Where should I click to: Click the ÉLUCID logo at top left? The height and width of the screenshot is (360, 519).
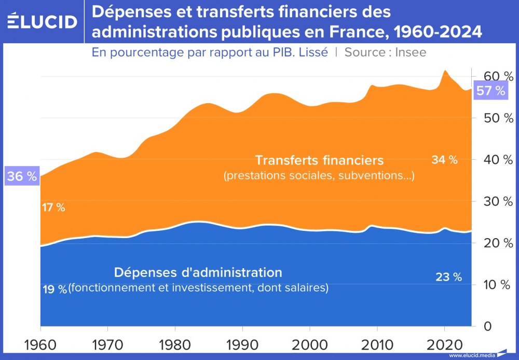(x=43, y=21)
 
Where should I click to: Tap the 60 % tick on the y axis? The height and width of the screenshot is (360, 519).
(x=495, y=77)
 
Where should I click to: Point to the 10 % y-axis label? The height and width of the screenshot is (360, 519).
(x=495, y=285)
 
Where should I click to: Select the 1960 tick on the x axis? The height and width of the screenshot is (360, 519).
(x=40, y=343)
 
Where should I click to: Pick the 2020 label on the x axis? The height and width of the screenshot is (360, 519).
(x=444, y=343)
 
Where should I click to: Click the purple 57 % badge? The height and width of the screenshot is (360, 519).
(x=490, y=91)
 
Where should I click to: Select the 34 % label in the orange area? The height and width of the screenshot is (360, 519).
(x=444, y=160)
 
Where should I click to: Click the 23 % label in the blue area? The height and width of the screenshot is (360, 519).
(x=448, y=277)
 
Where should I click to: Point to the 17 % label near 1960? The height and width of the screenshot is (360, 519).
(x=53, y=208)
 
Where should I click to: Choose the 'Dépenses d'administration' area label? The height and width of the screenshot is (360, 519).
(x=198, y=272)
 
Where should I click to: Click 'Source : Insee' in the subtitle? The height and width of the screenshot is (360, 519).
(x=385, y=52)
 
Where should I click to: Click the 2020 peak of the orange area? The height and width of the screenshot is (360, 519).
(x=445, y=71)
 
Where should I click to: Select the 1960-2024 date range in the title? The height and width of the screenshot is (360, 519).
(x=438, y=32)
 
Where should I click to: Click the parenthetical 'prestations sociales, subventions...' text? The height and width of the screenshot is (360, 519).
(x=319, y=176)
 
